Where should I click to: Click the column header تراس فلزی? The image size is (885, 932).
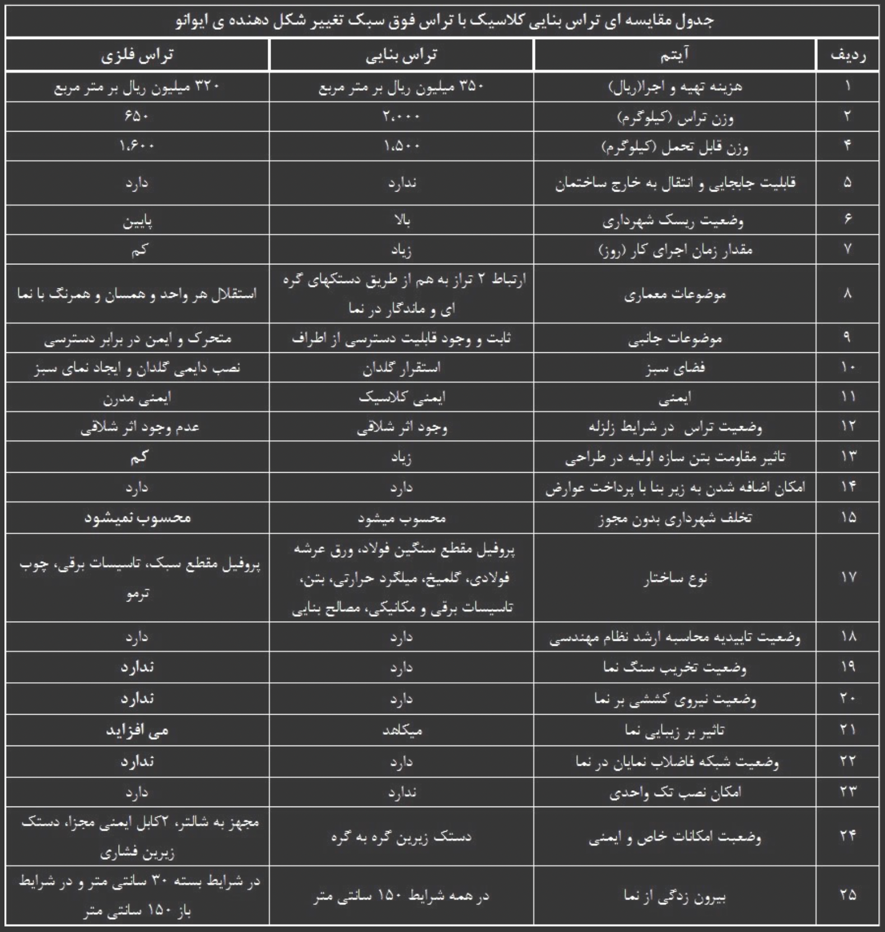tap(137, 55)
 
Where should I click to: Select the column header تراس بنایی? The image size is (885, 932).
tap(402, 55)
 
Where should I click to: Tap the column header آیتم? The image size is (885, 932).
tap(675, 55)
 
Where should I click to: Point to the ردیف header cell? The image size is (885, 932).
tap(847, 55)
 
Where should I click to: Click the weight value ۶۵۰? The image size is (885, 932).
tap(137, 116)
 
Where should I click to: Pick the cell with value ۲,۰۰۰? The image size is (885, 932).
tap(402, 116)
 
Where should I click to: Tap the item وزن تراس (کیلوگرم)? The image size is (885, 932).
tap(675, 118)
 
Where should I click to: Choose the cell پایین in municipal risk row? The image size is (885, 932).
tap(137, 221)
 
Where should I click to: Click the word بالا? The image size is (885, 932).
tap(402, 220)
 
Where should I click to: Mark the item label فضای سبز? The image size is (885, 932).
tap(675, 368)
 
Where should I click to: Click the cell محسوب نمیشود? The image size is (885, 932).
tap(137, 518)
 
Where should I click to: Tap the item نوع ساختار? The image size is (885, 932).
tap(675, 578)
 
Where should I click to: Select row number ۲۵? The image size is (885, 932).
tap(847, 895)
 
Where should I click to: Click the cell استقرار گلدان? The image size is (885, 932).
tap(402, 368)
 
